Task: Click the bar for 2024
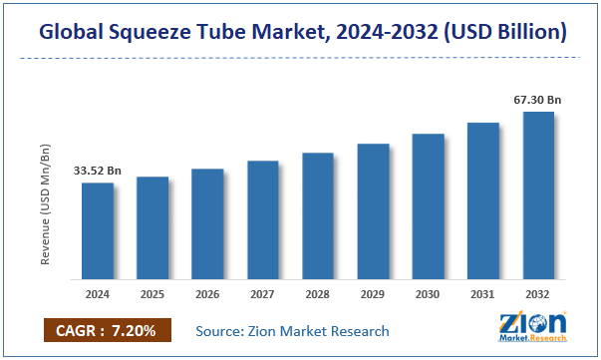pos(97,230)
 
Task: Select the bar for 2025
pos(152,227)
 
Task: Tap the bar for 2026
pos(207,223)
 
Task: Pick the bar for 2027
pos(263,219)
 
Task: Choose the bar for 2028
pos(318,215)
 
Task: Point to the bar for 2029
pos(373,210)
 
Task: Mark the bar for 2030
pos(428,205)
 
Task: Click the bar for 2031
pos(482,200)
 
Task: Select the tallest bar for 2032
pos(538,194)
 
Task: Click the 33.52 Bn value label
pos(97,171)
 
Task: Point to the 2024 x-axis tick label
pos(97,295)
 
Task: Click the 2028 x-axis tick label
pos(318,295)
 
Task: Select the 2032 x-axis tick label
pos(538,295)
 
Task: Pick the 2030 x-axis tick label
pos(428,295)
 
